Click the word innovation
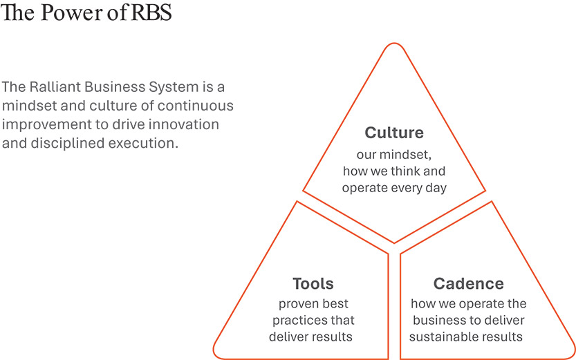point(187,125)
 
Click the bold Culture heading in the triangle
point(394,133)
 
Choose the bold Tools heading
point(313,283)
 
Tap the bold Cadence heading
point(468,283)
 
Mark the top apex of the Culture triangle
point(394,46)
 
